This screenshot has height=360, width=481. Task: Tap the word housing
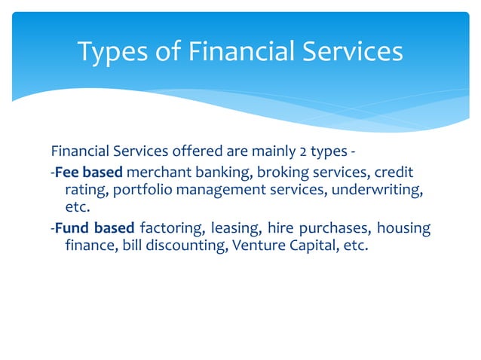(x=403, y=229)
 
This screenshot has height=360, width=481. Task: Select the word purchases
(x=336, y=229)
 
